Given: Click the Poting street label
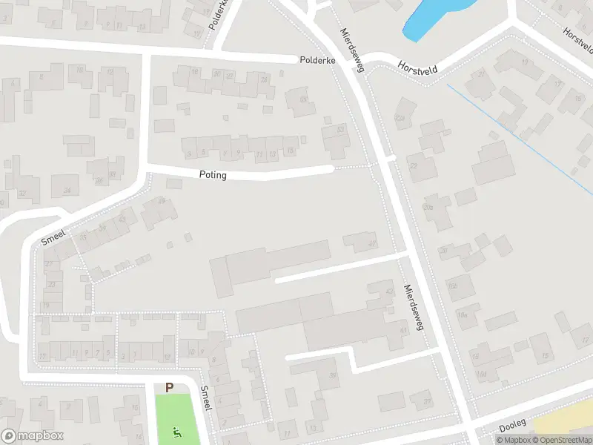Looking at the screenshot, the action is click(213, 176).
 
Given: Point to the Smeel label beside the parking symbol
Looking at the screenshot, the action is click(207, 398).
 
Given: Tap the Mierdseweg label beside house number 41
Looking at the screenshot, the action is click(413, 306).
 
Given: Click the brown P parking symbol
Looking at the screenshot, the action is click(170, 387).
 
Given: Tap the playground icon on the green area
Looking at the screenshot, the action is click(176, 432).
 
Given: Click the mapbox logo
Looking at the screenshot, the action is click(33, 436).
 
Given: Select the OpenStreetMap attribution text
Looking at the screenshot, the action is click(563, 440).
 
